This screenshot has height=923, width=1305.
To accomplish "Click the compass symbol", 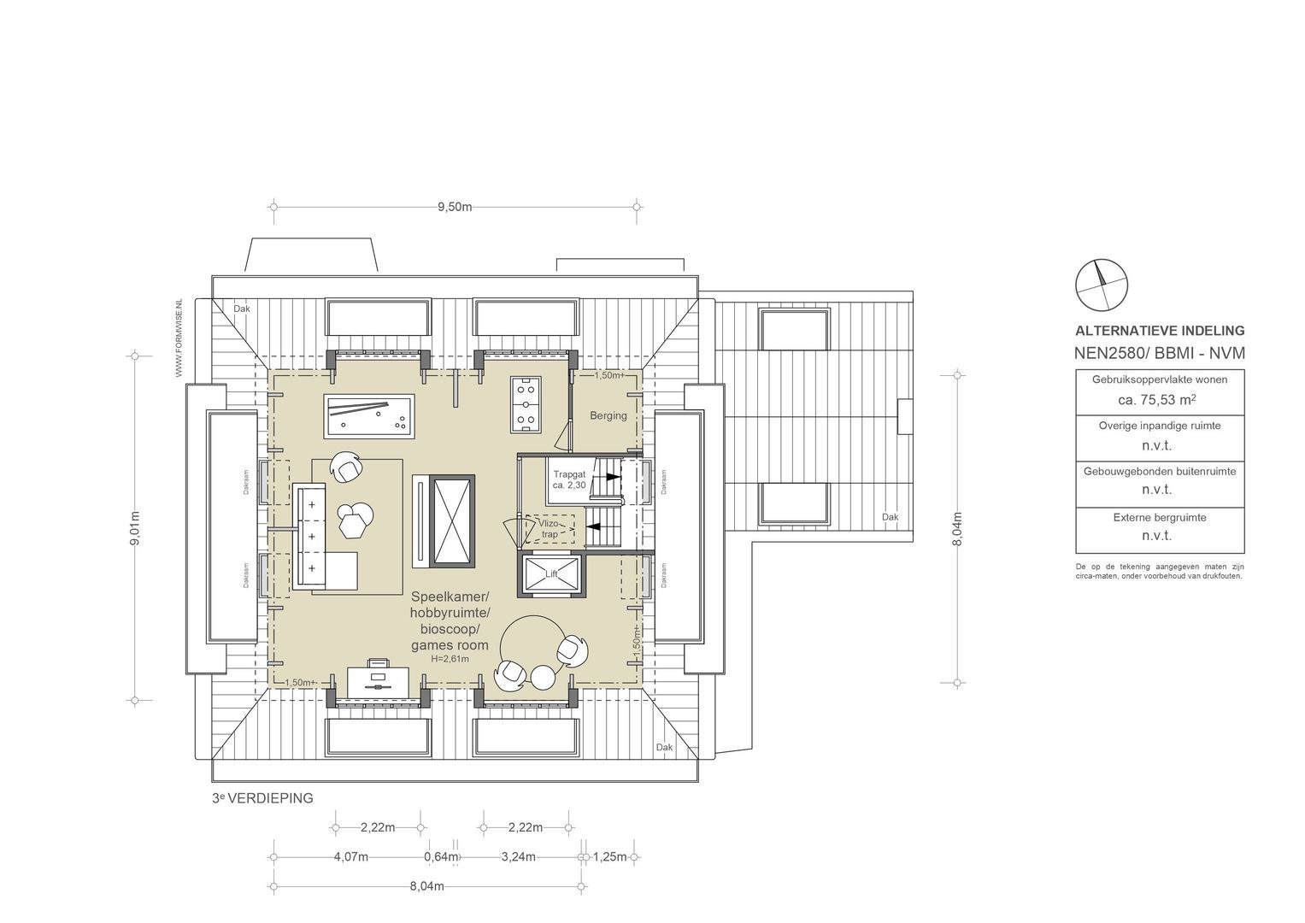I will tap(1102, 284).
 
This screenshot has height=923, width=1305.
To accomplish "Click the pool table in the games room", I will tap(369, 416).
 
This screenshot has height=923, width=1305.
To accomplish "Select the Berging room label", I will tap(608, 416).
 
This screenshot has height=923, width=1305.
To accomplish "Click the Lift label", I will tap(550, 574).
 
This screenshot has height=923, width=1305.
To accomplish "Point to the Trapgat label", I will tap(568, 473).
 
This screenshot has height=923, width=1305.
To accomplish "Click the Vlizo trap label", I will tap(549, 529).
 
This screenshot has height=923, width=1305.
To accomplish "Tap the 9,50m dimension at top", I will tap(455, 207).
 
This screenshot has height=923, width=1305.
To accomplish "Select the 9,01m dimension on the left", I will tap(135, 531).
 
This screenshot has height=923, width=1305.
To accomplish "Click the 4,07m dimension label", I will tap(351, 857).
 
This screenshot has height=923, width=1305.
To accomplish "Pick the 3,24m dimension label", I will tap(519, 857).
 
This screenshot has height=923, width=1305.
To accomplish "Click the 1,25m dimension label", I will tap(610, 857).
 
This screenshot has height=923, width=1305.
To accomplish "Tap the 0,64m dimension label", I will tap(438, 857).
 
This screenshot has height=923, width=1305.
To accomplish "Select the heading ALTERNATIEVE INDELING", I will tap(1159, 331).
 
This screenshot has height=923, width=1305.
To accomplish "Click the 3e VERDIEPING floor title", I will tap(263, 798).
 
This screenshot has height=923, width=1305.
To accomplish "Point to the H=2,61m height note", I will tap(450, 659).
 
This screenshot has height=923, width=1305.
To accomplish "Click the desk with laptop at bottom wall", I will tap(378, 679).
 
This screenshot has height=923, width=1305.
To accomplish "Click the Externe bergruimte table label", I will tap(1159, 518).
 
